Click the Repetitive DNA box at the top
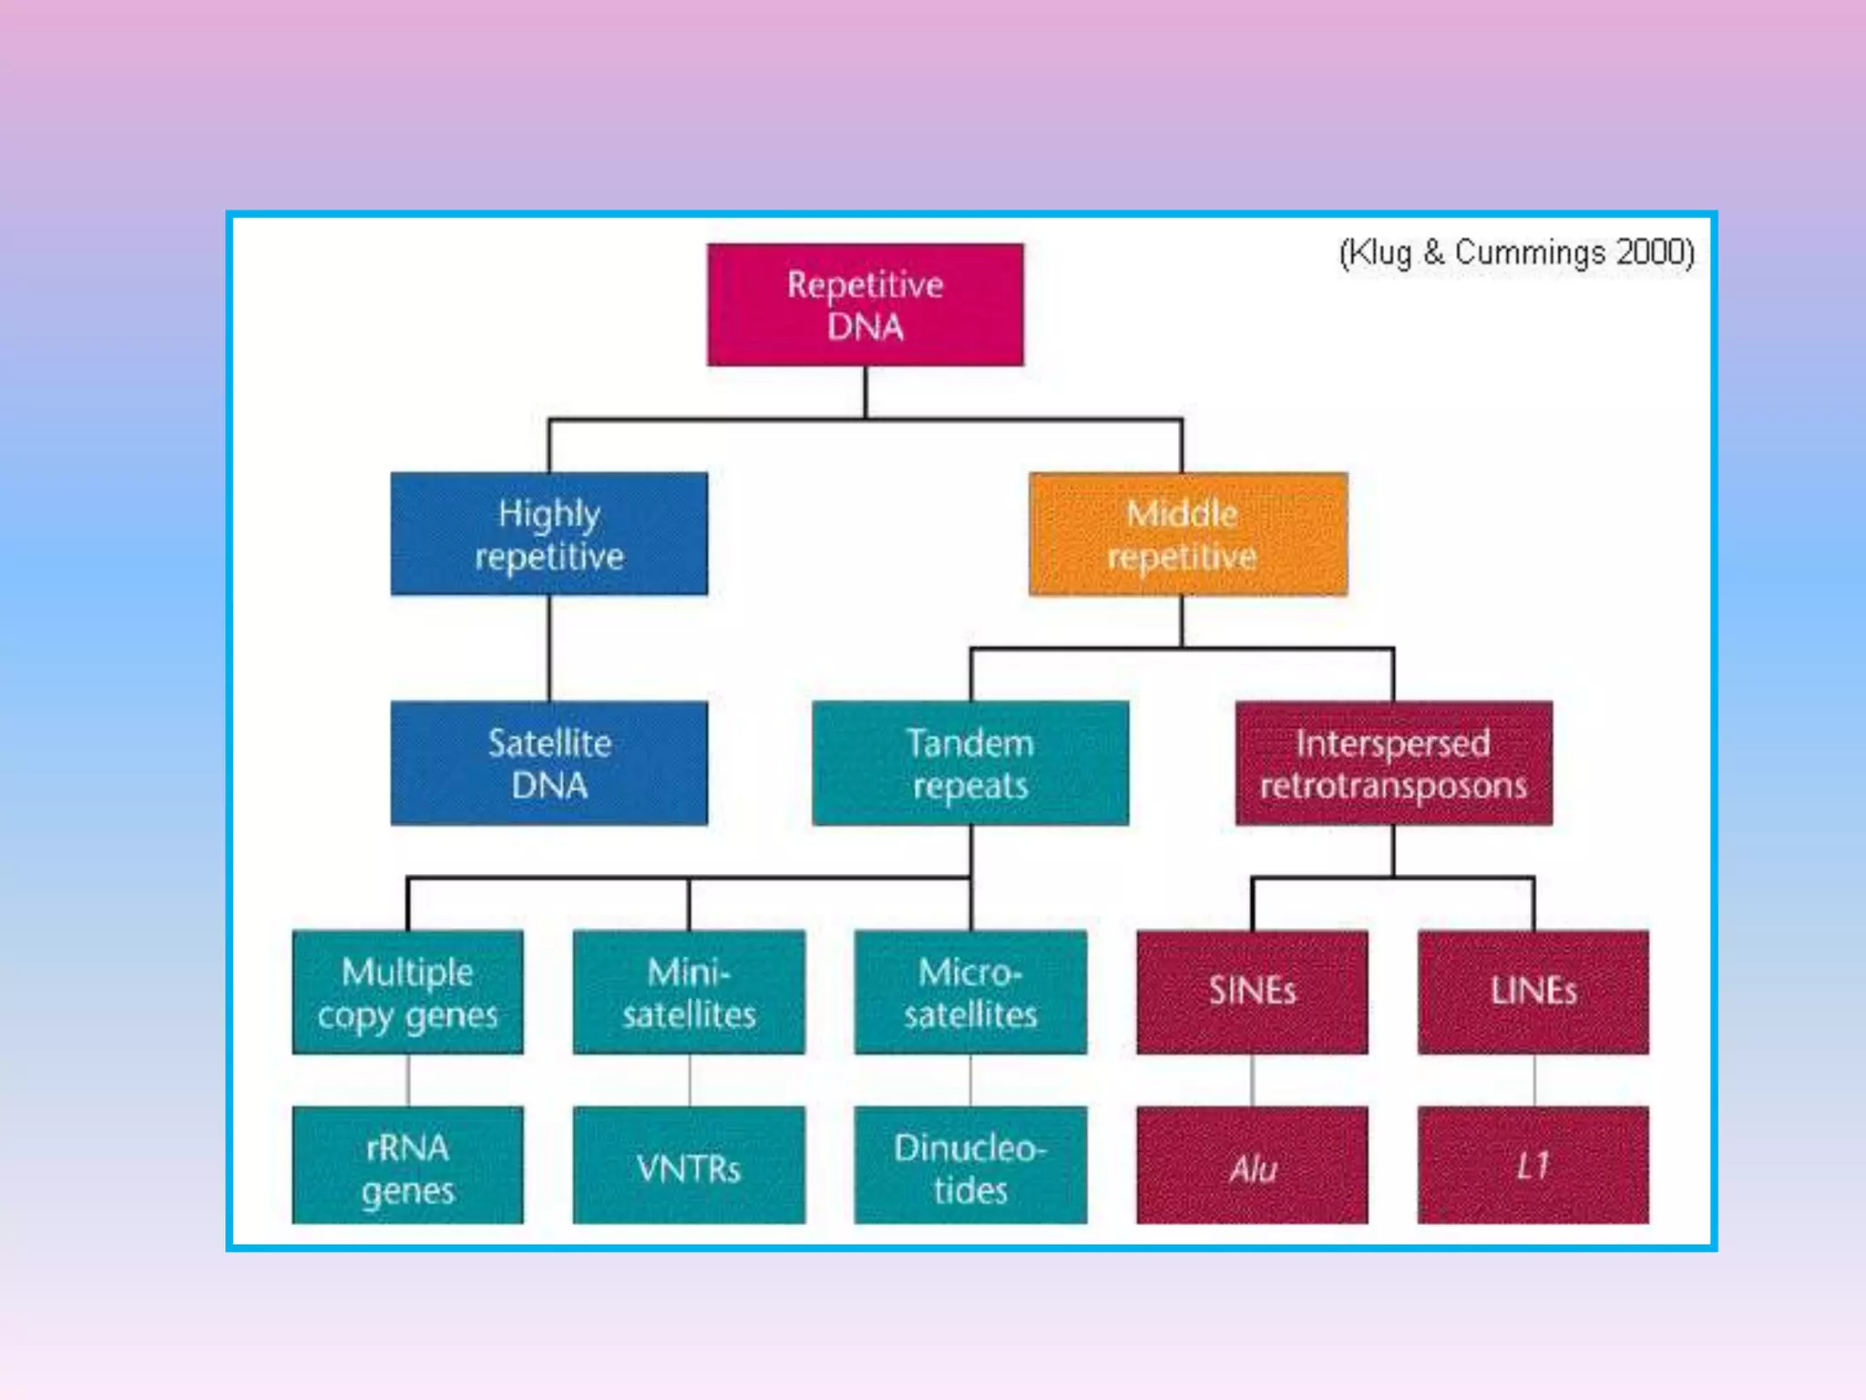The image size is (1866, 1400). (x=865, y=305)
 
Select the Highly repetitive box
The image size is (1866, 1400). (x=549, y=534)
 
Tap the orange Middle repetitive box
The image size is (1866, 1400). (x=1187, y=534)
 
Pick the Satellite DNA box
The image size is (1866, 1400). (x=549, y=763)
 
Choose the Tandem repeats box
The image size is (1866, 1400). (x=969, y=763)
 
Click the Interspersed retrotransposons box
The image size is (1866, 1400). (x=1393, y=763)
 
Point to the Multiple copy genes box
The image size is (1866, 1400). (x=407, y=992)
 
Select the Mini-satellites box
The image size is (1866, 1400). (x=689, y=992)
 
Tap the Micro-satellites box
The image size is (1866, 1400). (x=969, y=992)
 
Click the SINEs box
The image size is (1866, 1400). (x=1252, y=992)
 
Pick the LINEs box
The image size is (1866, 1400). (x=1533, y=992)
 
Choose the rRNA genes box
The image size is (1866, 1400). (x=407, y=1166)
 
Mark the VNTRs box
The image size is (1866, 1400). (x=689, y=1166)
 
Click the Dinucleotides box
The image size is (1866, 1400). (x=969, y=1166)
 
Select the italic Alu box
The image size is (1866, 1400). (x=1252, y=1166)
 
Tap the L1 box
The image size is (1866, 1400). (x=1533, y=1166)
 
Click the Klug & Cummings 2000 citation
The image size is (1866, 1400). (x=1515, y=252)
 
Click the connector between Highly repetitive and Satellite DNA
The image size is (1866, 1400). (x=549, y=648)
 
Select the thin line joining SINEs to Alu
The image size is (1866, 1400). (x=1252, y=1081)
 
